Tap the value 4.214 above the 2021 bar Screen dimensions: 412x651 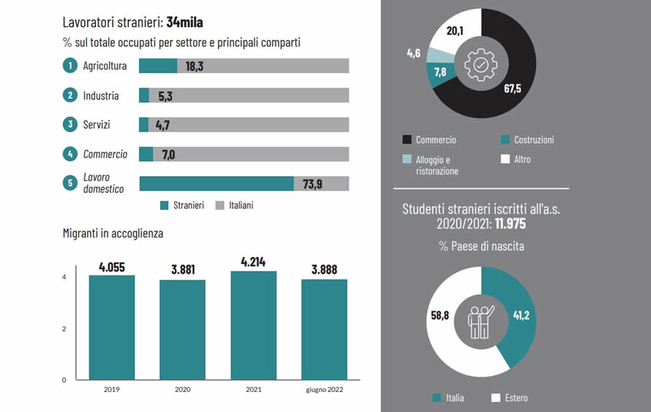pyautogui.click(x=253, y=262)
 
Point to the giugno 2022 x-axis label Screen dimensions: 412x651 pyautogui.click(x=324, y=390)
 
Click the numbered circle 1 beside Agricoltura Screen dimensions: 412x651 pyautogui.click(x=70, y=66)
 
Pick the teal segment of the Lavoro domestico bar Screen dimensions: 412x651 pyautogui.click(x=216, y=183)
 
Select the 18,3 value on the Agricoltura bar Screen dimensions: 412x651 pyautogui.click(x=194, y=67)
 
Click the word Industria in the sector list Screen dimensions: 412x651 pyautogui.click(x=101, y=96)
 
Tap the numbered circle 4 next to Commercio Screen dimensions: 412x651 pyautogui.click(x=70, y=154)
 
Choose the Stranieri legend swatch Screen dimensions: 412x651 pyautogui.click(x=164, y=205)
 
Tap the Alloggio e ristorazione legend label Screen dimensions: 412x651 pyautogui.click(x=437, y=165)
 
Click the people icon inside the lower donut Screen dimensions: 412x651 pyautogui.click(x=481, y=318)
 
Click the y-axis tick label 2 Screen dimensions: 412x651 pyautogui.click(x=64, y=329)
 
